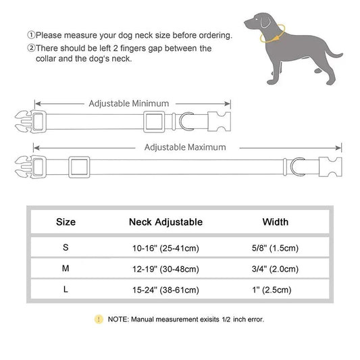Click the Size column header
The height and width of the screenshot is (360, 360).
pos(66,222)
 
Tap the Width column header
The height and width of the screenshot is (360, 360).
pos(275,222)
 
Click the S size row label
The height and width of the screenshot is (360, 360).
pos(66,247)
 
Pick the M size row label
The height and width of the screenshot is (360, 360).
pos(66,268)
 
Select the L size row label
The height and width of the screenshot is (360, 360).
pos(66,290)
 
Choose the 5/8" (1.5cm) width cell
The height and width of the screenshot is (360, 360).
pos(275,248)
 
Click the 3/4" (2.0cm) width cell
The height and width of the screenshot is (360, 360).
pos(275,269)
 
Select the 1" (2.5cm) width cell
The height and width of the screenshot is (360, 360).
pos(275,290)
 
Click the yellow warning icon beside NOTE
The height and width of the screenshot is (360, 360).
pos(99,318)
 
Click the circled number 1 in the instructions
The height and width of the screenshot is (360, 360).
pos(31,34)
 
